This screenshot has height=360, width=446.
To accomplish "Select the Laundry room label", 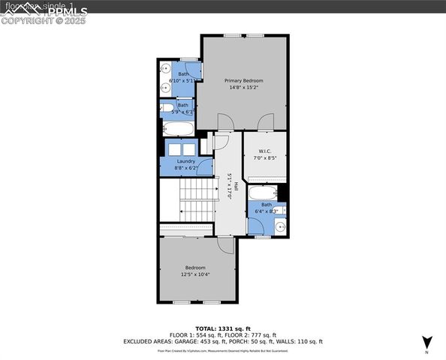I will tap(185, 161).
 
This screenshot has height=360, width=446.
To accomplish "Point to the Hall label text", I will tap(235, 186).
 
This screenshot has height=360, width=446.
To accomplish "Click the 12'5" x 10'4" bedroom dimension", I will tap(194, 274).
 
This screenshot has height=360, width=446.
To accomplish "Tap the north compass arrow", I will tap(427, 340).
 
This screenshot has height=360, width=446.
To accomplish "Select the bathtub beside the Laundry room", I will tap(179, 129).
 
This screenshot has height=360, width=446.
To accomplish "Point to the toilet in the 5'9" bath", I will tap(167, 108).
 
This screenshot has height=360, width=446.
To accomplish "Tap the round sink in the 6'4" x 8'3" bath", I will tap(279, 226).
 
